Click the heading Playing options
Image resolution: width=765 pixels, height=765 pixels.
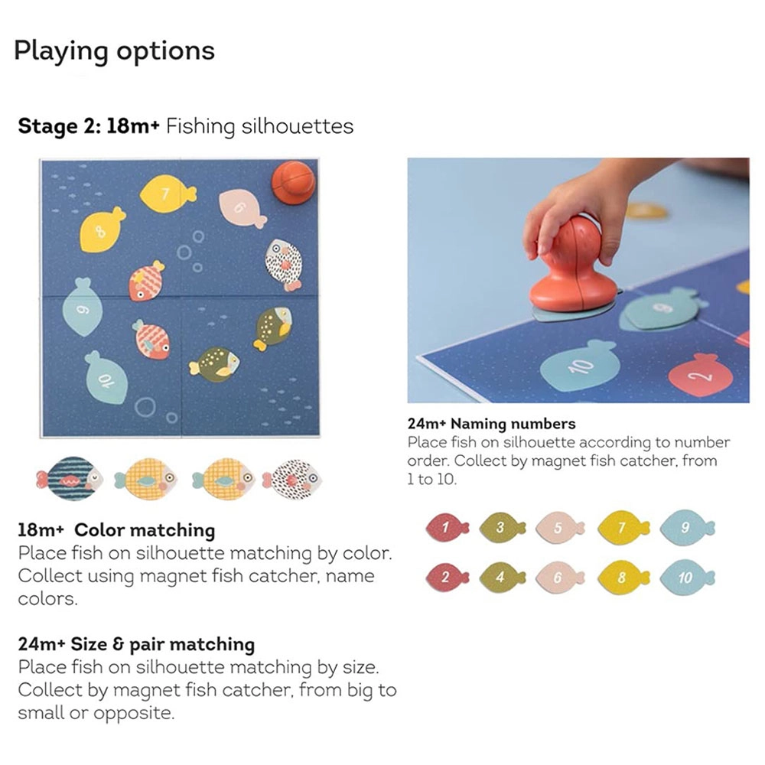[114, 51]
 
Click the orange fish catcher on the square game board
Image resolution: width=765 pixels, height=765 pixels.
[294, 182]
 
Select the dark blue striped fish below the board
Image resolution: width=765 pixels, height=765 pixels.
[69, 480]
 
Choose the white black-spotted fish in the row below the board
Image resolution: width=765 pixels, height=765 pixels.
[292, 480]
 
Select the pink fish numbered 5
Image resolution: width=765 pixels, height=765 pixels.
[559, 527]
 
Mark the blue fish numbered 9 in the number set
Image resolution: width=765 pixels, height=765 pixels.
[686, 527]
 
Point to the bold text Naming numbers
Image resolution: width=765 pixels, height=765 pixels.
[513, 423]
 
